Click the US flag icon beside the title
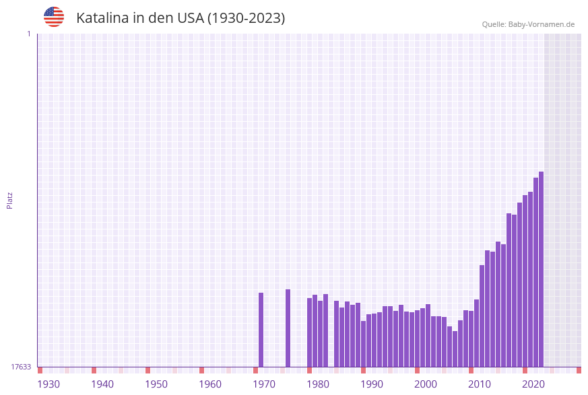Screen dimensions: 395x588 coord(54,17)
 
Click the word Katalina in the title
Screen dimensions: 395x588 coord(102,18)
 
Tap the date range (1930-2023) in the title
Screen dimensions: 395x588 coord(246,18)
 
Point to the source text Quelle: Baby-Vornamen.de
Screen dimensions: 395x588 coord(528,24)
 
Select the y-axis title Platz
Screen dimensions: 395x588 coord(9,200)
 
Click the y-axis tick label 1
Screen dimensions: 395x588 coord(28,34)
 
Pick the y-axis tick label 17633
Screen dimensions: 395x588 coord(21,367)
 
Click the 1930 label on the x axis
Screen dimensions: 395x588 coord(48,384)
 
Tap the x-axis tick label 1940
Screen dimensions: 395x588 coord(102,384)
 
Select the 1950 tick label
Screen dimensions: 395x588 coord(156,384)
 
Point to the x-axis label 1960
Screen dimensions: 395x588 coord(210,384)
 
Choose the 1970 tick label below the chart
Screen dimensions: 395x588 coord(264,384)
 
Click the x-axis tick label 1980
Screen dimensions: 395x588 coord(318,384)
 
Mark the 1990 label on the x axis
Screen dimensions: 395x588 coord(372,384)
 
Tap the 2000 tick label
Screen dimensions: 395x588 coord(426,384)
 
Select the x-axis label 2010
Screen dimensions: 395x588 coord(480,384)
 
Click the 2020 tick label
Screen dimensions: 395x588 coord(533,384)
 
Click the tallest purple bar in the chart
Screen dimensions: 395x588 coord(541,269)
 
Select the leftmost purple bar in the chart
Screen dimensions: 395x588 coord(261,330)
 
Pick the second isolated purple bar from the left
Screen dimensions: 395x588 coord(288,328)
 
